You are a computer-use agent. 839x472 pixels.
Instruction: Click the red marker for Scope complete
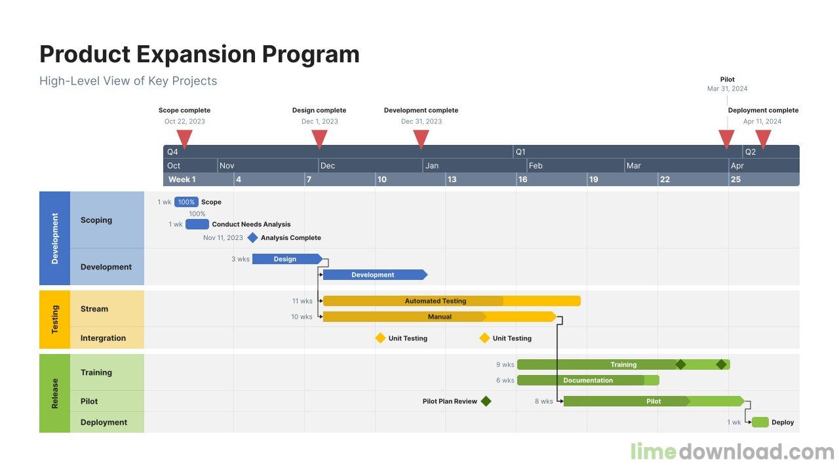pyautogui.click(x=185, y=138)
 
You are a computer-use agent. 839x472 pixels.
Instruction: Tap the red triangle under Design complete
pyautogui.click(x=319, y=138)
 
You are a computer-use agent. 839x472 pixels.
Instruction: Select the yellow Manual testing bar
pyautogui.click(x=439, y=317)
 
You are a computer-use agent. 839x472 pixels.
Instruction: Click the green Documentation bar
pyautogui.click(x=587, y=380)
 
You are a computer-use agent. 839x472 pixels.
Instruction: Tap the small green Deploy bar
pyautogui.click(x=760, y=422)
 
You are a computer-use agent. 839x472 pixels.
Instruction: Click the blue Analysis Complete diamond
pyautogui.click(x=252, y=238)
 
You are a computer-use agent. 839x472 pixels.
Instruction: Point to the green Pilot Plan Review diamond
pyautogui.click(x=486, y=401)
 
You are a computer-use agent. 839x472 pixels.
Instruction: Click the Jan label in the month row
pyautogui.click(x=432, y=166)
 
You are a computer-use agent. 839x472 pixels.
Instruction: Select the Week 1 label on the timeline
pyautogui.click(x=182, y=180)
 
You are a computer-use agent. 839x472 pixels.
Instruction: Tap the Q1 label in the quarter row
pyautogui.click(x=520, y=152)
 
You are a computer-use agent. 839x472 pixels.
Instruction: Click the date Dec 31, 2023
pyautogui.click(x=421, y=121)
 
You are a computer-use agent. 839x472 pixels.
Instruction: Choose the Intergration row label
pyautogui.click(x=103, y=338)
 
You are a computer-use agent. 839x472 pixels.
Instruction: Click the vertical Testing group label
pyautogui.click(x=54, y=319)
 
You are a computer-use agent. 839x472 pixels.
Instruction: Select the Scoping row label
pyautogui.click(x=96, y=220)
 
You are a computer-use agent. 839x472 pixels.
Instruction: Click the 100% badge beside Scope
pyautogui.click(x=186, y=202)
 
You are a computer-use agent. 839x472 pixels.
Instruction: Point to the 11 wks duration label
pyautogui.click(x=302, y=301)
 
